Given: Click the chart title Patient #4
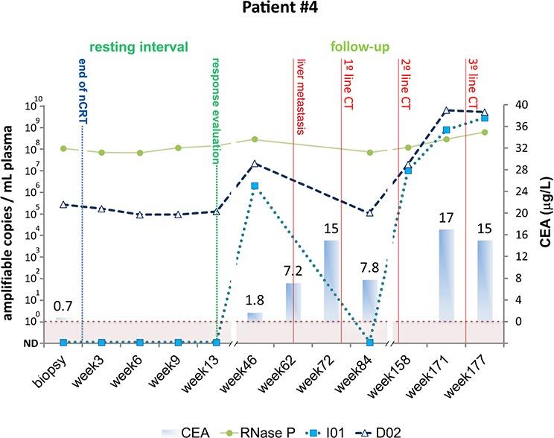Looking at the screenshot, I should (x=276, y=12).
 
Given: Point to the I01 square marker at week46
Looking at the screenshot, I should (x=255, y=186).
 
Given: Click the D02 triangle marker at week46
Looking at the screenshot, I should (x=255, y=164).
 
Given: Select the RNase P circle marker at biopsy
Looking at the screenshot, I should (x=63, y=148).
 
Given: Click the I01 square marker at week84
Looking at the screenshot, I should (x=370, y=342).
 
